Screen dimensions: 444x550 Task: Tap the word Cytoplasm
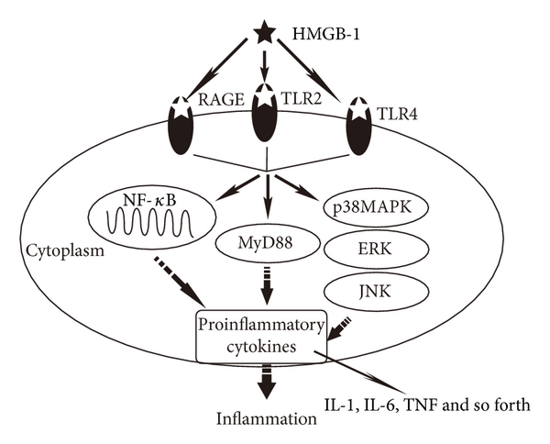[58, 250]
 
